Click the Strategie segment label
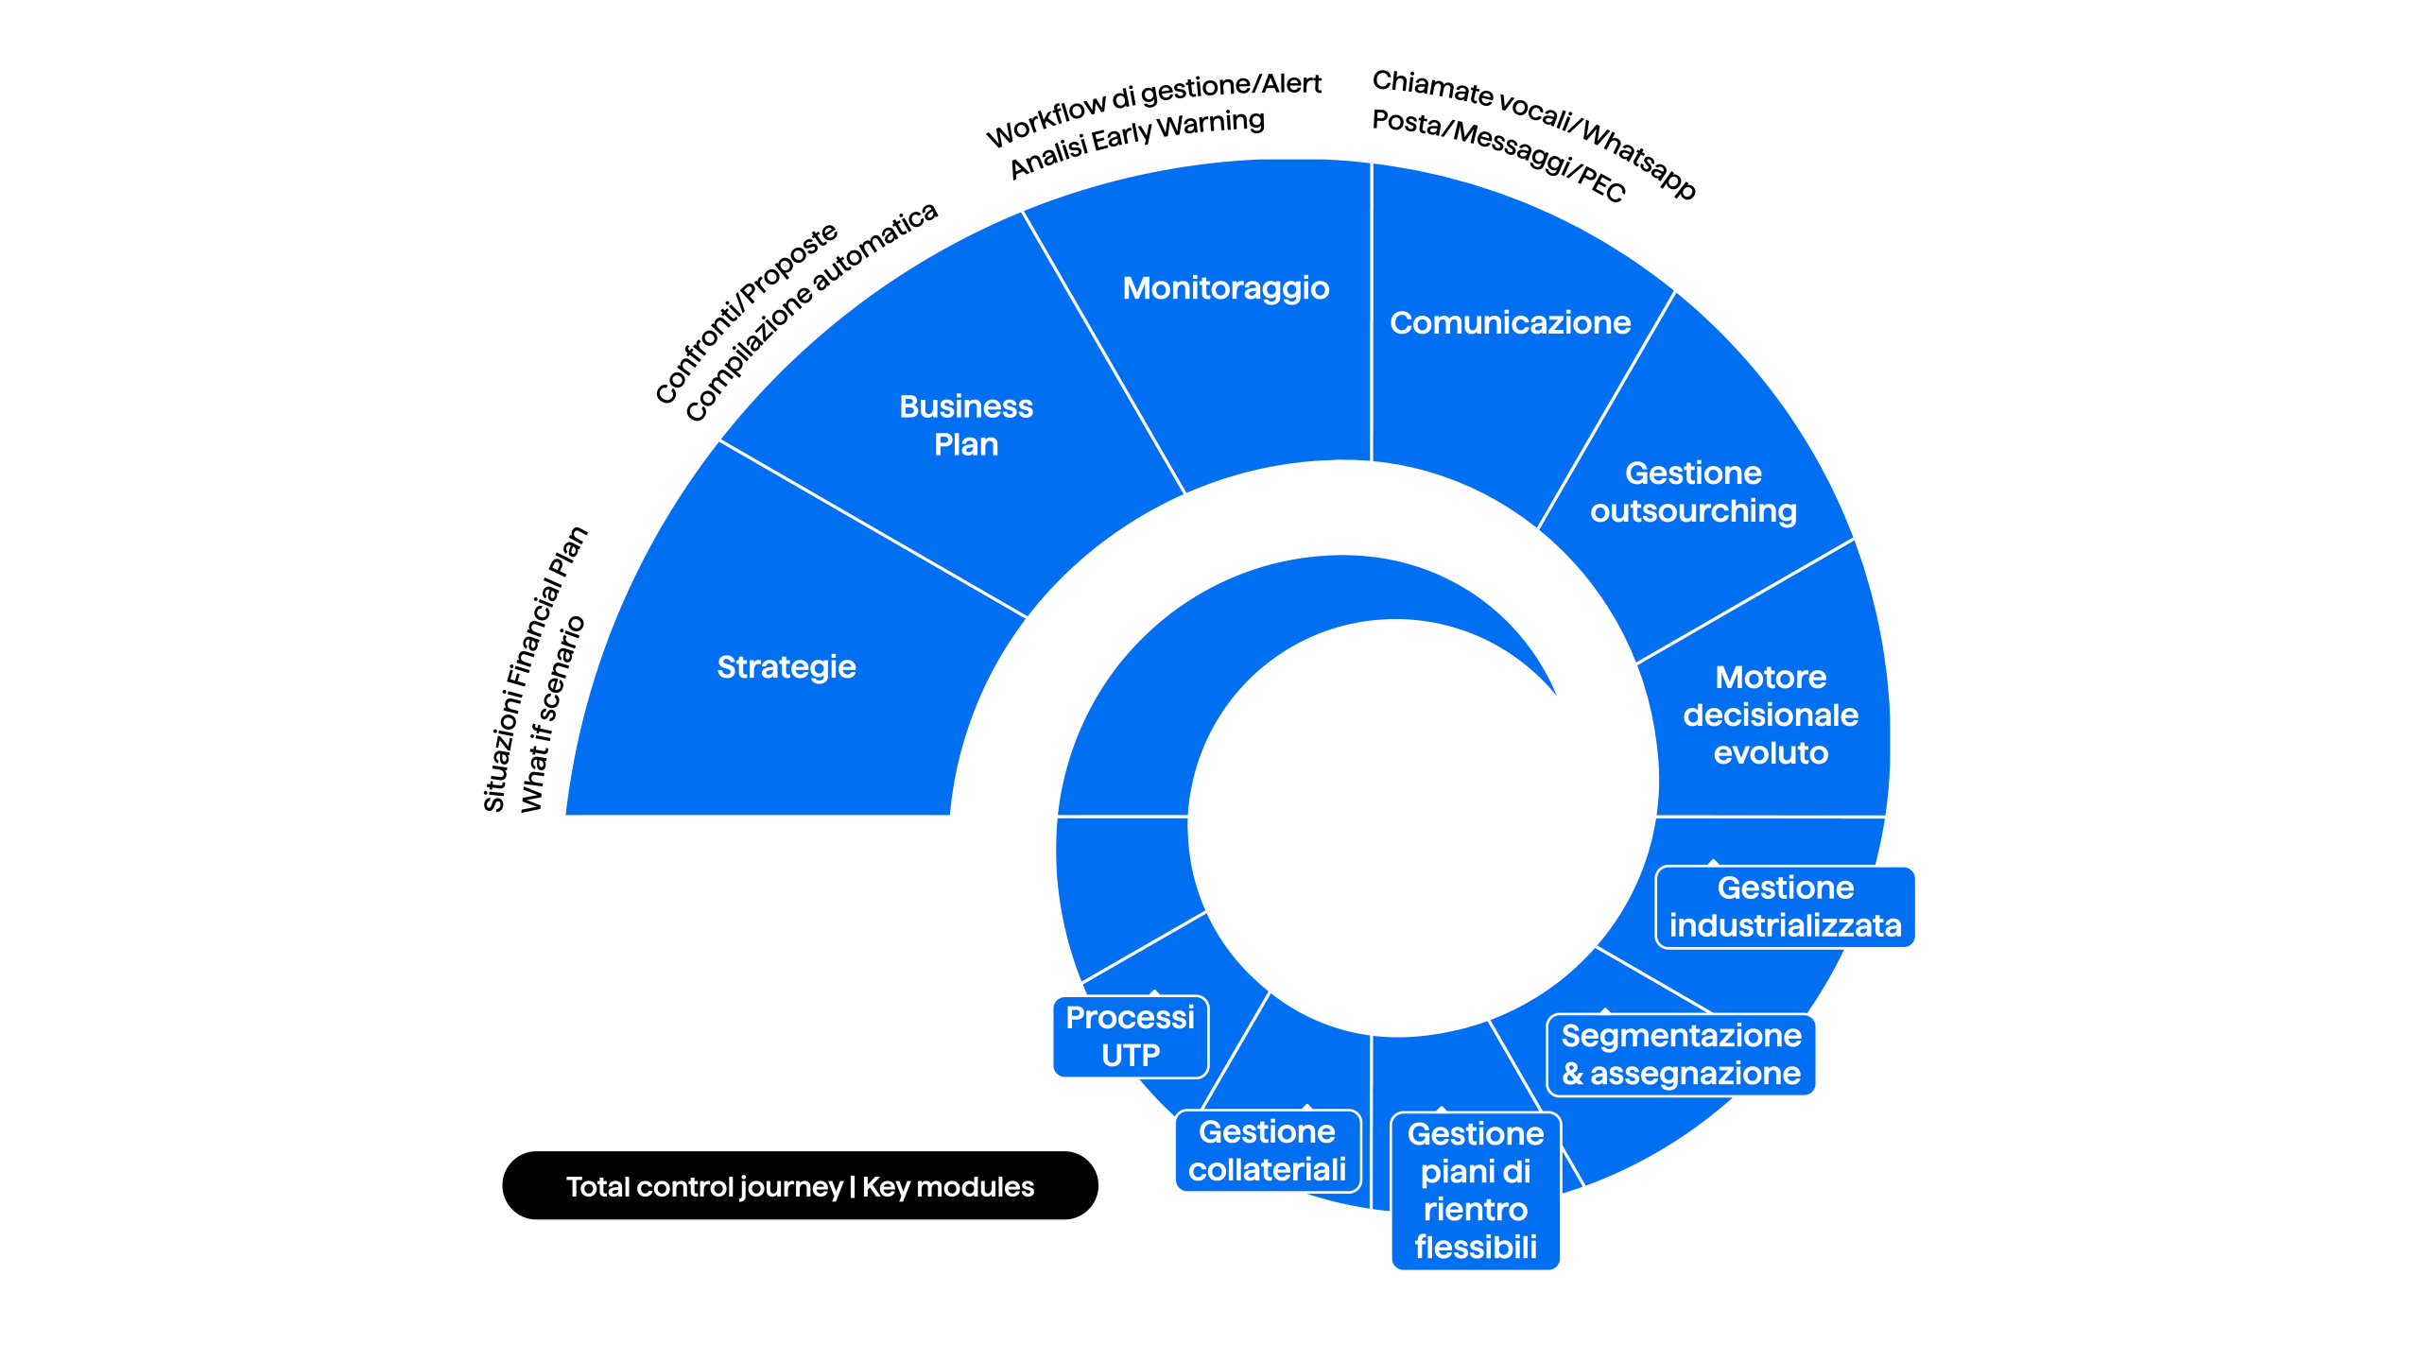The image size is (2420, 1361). (x=786, y=667)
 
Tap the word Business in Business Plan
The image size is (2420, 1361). (x=966, y=406)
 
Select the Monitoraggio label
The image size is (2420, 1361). (x=1226, y=288)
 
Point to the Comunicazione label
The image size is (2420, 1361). (x=1510, y=323)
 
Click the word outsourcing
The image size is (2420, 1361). (x=1693, y=511)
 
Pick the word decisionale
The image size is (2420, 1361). (x=1771, y=715)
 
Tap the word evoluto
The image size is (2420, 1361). (x=1771, y=753)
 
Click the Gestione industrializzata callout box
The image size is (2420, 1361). (x=1785, y=906)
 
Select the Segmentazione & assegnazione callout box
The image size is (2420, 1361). (x=1681, y=1055)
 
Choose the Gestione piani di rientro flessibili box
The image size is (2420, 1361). (x=1475, y=1191)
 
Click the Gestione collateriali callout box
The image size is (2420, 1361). (x=1267, y=1151)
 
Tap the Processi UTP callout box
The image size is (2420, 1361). (x=1130, y=1037)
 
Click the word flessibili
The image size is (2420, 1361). (x=1476, y=1248)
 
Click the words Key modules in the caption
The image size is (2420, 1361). (x=948, y=1187)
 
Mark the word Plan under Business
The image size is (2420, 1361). (x=966, y=445)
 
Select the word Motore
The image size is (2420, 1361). (x=1771, y=678)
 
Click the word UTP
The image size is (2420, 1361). (x=1131, y=1056)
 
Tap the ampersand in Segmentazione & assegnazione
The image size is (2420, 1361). (x=1572, y=1075)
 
